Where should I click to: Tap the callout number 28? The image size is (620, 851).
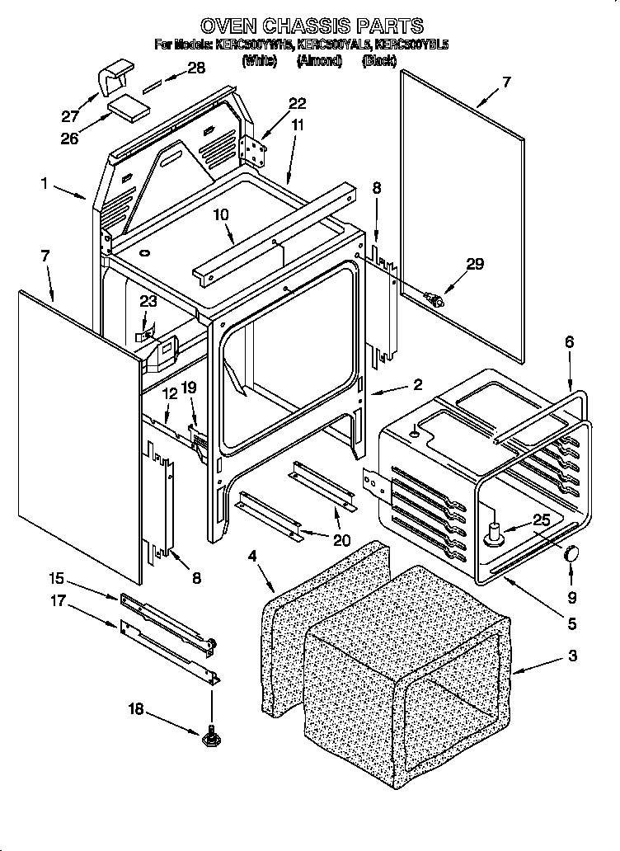click(x=195, y=68)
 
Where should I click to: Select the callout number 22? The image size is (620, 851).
click(x=297, y=103)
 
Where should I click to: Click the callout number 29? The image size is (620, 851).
click(x=475, y=264)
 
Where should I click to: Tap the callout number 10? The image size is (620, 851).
click(x=222, y=216)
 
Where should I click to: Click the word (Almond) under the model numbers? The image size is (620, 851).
click(x=318, y=62)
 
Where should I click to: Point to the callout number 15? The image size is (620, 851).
click(x=55, y=579)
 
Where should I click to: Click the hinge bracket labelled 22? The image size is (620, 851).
click(x=254, y=151)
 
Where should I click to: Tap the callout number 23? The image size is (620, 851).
click(x=148, y=302)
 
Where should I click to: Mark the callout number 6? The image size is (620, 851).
click(x=570, y=341)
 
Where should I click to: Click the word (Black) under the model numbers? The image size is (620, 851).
click(x=380, y=62)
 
